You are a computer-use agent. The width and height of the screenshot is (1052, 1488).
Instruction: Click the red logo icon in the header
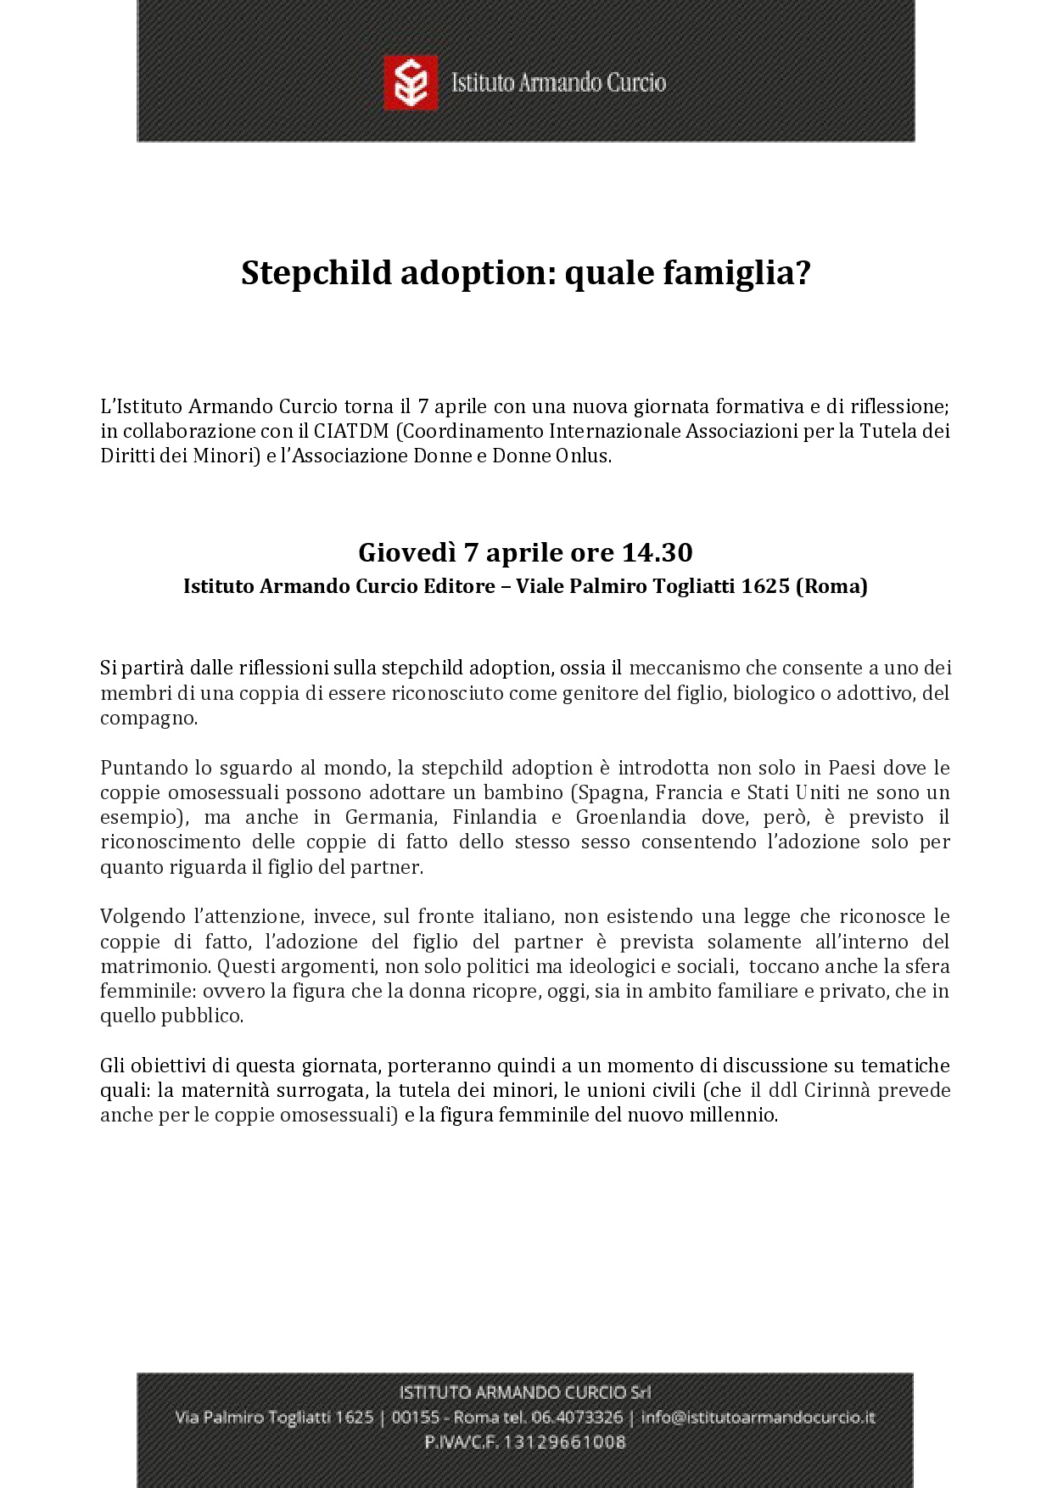(411, 82)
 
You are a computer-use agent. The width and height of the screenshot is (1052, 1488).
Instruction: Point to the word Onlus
(584, 456)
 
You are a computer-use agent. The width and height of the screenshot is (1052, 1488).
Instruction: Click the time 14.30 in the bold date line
(657, 552)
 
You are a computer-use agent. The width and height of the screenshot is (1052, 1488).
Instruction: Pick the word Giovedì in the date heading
(406, 552)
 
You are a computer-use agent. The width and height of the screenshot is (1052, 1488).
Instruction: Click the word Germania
(389, 817)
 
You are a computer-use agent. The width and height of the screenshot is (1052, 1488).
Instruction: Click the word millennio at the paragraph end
(733, 1115)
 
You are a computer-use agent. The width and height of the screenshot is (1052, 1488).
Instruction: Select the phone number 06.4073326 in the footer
(577, 1418)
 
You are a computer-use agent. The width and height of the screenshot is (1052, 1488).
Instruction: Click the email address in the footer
(758, 1418)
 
